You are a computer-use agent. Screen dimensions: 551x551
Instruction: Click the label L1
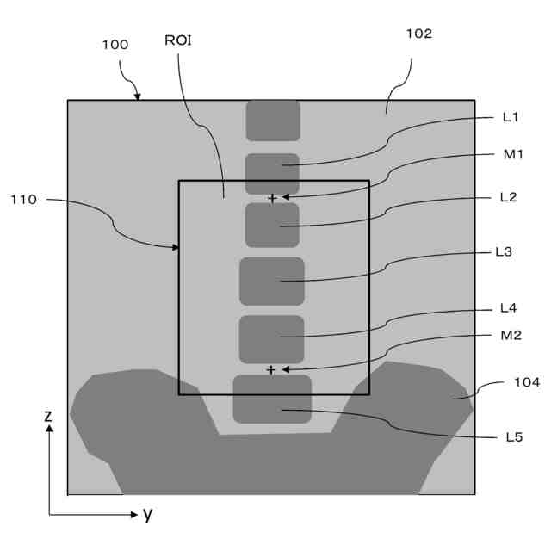tap(511, 117)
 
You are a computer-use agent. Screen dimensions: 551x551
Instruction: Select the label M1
tap(514, 154)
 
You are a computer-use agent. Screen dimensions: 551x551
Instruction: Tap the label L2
tap(509, 197)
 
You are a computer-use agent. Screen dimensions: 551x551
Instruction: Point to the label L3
tap(505, 252)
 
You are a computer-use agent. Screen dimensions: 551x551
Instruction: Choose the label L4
tap(509, 307)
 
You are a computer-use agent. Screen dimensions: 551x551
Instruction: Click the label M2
tap(511, 335)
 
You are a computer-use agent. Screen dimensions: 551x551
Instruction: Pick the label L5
tap(514, 436)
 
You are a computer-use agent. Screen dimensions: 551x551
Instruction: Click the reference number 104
tap(527, 381)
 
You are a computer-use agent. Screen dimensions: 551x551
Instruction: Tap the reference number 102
tap(418, 34)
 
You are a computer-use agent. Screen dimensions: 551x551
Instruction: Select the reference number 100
tap(115, 45)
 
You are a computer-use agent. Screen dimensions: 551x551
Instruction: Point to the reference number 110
tap(23, 200)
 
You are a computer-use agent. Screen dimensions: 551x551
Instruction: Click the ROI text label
tap(177, 40)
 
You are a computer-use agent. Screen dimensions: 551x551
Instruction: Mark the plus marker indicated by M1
tap(272, 198)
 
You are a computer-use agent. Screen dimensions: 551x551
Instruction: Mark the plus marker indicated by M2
tap(271, 370)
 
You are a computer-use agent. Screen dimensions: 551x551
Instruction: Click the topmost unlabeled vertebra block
tap(273, 121)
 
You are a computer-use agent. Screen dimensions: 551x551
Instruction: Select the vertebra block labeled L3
tap(272, 281)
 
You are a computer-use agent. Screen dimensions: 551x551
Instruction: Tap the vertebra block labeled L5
tap(272, 399)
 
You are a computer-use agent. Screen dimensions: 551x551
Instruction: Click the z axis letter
tap(48, 416)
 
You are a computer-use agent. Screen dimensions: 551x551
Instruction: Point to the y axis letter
tap(147, 515)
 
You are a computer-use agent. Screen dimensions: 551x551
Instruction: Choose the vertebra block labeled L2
tap(272, 225)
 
